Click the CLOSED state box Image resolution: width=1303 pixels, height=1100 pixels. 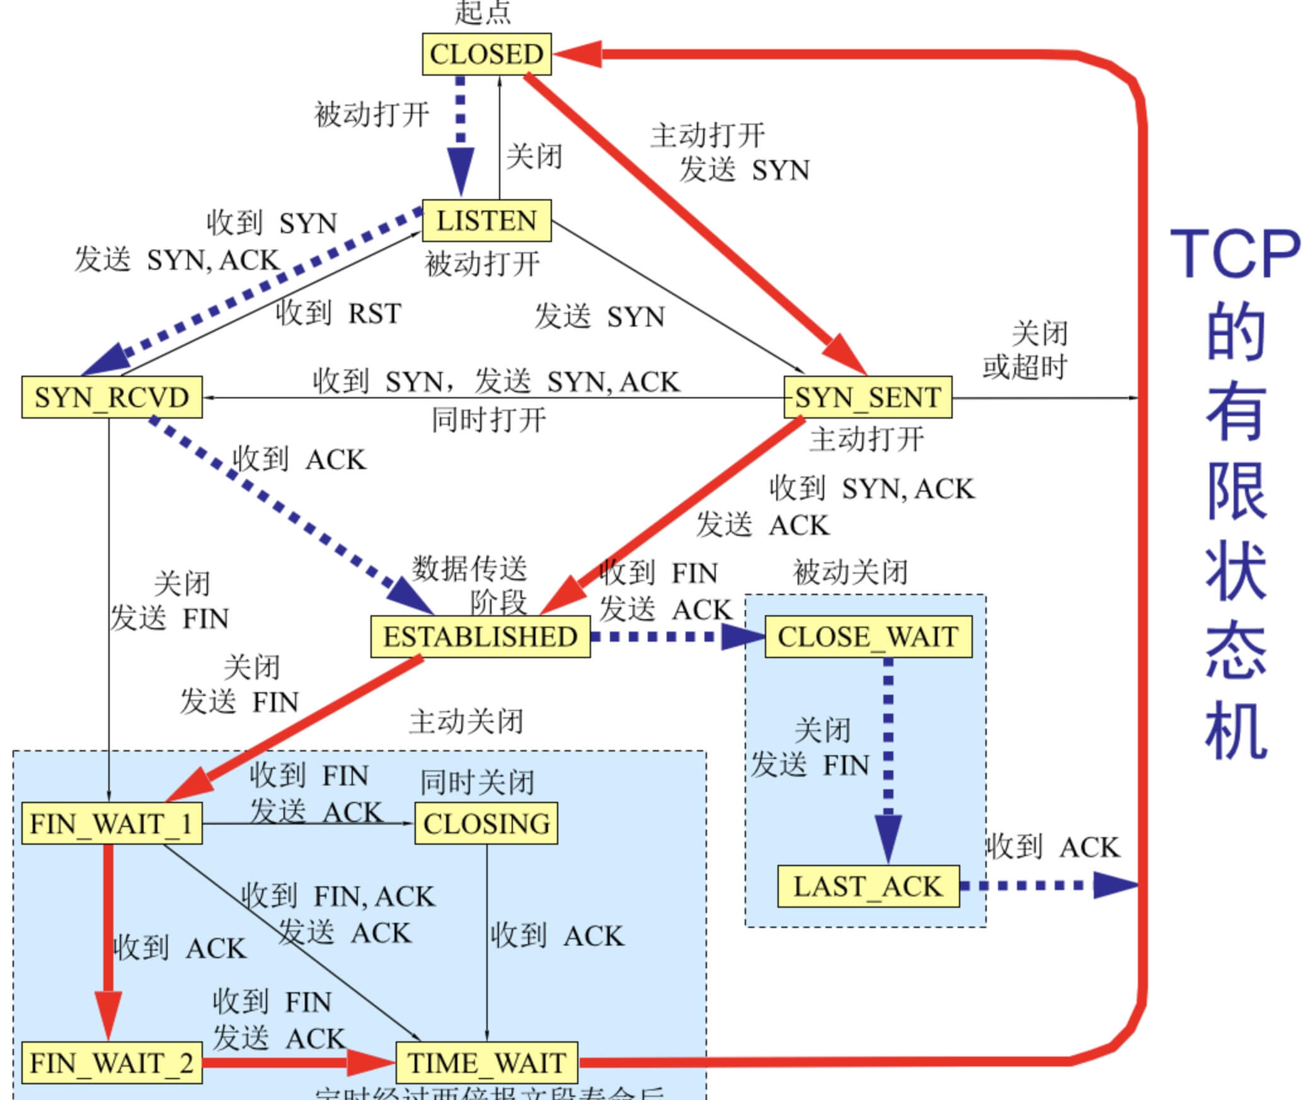click(486, 54)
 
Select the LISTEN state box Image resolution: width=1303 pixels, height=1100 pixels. click(486, 221)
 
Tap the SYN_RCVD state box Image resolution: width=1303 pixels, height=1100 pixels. click(112, 397)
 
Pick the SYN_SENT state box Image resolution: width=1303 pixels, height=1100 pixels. click(868, 397)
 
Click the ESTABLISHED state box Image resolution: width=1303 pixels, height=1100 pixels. click(480, 637)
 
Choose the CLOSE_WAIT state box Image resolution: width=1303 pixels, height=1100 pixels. click(868, 637)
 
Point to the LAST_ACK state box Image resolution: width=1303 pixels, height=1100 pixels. click(868, 886)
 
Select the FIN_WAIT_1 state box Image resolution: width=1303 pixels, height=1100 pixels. click(112, 823)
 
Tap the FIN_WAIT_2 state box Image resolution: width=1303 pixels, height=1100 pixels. click(112, 1063)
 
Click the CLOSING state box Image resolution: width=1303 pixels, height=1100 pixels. click(486, 823)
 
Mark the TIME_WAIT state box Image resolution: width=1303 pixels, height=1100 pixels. click(486, 1063)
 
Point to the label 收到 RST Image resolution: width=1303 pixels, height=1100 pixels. click(338, 313)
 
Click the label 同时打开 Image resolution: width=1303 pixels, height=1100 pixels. click(488, 420)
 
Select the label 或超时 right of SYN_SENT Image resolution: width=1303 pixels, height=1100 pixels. click(1025, 367)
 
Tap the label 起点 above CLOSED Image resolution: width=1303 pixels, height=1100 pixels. click(483, 13)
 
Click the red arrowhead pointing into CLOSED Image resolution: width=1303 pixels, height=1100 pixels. click(577, 54)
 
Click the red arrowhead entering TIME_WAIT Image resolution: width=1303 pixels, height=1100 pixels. click(372, 1063)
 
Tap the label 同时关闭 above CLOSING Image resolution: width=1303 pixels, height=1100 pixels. click(477, 782)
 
